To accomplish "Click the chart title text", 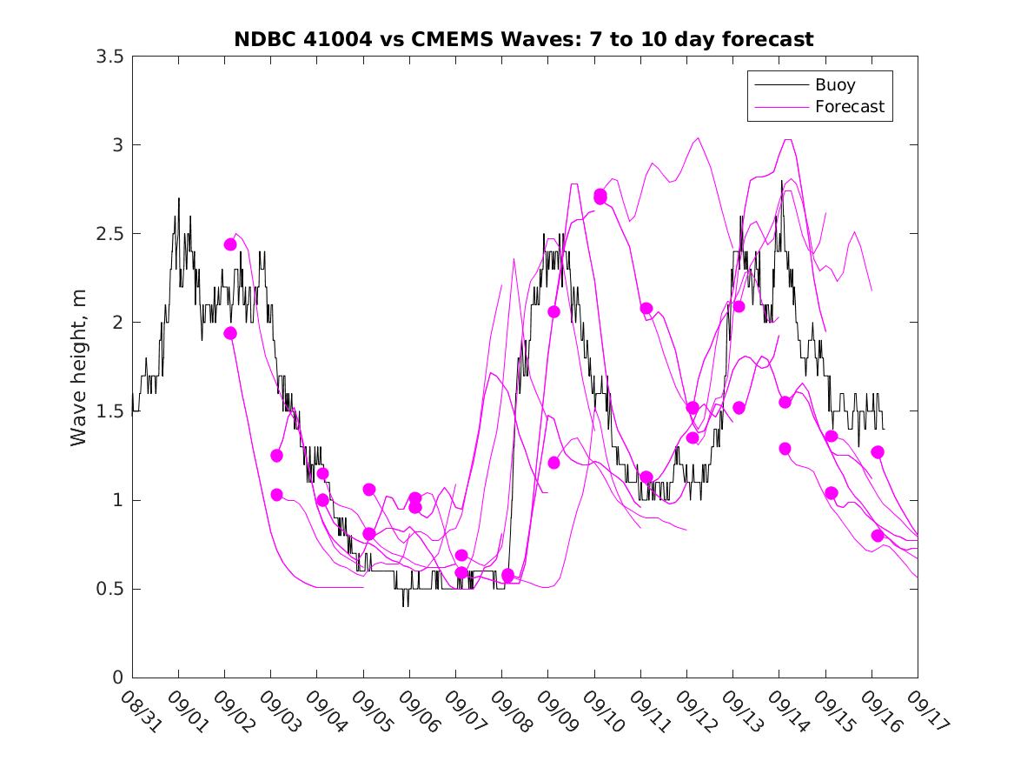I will [x=524, y=39].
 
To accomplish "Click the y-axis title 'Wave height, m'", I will [x=79, y=366].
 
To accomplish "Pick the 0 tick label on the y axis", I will [x=117, y=678].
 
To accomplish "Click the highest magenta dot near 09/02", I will [x=230, y=244].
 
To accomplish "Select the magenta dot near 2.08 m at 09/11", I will [x=646, y=308].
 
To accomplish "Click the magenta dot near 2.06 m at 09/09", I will [x=553, y=311].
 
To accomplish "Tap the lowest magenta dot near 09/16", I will [x=878, y=536].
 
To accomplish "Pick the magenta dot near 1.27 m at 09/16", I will [x=878, y=452].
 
